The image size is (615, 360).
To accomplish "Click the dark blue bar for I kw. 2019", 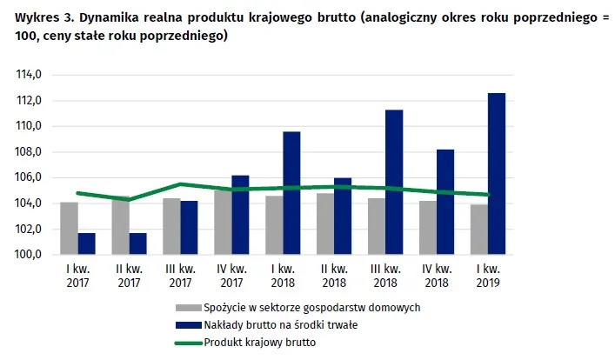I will [497, 174].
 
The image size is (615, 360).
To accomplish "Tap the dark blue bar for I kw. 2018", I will [291, 193].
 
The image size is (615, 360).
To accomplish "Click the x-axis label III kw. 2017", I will [180, 276].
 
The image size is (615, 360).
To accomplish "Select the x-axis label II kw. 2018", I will [334, 276].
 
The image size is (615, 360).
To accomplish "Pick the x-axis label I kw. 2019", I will [488, 276].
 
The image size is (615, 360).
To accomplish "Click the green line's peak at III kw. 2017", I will [180, 184].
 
